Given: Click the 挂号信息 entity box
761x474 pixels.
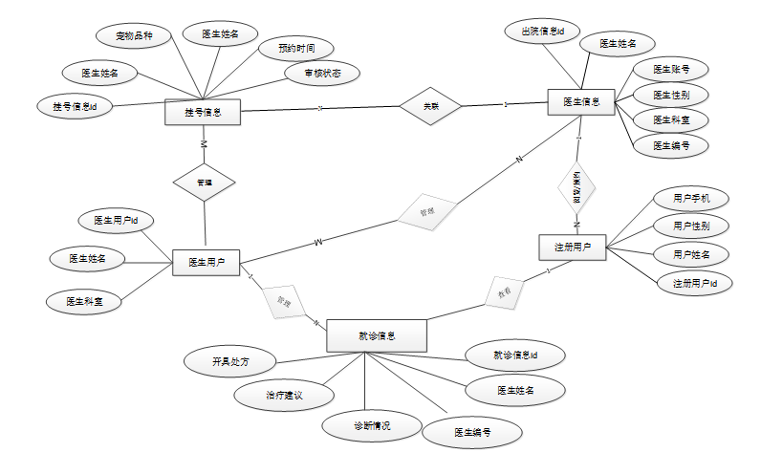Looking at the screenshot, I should coord(203,113).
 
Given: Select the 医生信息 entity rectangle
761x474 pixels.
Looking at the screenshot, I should coord(581,102).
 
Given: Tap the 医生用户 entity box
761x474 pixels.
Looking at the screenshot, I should coord(206,262).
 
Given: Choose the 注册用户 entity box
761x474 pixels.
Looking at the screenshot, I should coord(573,248).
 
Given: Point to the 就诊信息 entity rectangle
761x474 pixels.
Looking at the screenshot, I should coord(377,335).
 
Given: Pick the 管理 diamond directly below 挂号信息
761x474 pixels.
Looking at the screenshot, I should coord(204,181).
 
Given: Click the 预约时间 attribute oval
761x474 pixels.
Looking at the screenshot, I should coord(299,48).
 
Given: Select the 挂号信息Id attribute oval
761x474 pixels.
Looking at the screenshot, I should coord(76,105).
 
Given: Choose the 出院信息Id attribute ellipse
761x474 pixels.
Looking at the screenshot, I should coord(542,32).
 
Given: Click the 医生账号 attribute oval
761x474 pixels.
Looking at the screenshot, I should coord(672,70).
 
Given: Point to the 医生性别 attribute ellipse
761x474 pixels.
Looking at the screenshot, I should coord(672,95).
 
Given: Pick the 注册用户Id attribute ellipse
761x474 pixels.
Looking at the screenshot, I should coord(695,283).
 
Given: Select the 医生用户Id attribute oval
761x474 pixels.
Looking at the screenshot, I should coord(117,221).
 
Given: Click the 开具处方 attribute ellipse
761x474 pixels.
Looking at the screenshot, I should coord(229,361).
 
